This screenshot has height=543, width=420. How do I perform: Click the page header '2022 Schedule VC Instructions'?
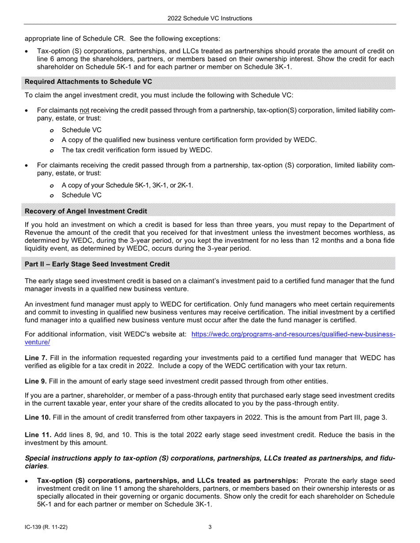(210, 18)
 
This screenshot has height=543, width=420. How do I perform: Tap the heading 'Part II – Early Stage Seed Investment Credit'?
(97, 264)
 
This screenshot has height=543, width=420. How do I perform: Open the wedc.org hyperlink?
(293, 334)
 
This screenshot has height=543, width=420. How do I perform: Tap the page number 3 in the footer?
(210, 527)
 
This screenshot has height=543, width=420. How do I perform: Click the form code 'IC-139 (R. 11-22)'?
(46, 527)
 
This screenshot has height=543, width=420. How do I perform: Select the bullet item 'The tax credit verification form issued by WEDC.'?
(137, 150)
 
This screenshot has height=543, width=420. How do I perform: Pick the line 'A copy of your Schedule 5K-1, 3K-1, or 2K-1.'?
(127, 185)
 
